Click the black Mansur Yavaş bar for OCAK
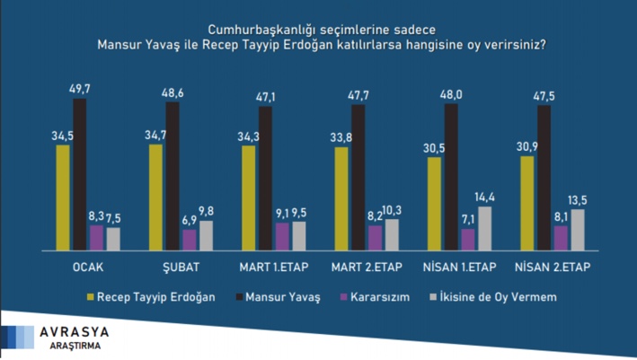[80, 174]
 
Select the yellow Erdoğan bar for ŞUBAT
[155, 198]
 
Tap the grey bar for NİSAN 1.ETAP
[485, 228]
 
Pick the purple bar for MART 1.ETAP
[282, 236]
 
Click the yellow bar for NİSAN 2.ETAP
[526, 204]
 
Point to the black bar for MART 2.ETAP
[358, 178]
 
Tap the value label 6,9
[189, 219]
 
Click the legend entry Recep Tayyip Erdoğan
[155, 295]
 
